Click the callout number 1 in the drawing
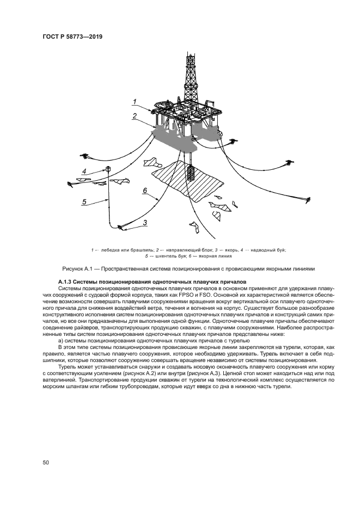click(x=135, y=102)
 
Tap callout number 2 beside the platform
click(x=134, y=116)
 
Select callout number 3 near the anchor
click(x=145, y=222)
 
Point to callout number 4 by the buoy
click(x=84, y=173)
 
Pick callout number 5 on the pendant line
click(x=84, y=201)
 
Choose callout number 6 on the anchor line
click(x=145, y=191)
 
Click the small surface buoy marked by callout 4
click(x=109, y=169)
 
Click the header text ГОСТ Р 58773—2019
click(x=72, y=36)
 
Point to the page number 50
click(x=46, y=463)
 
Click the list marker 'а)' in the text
click(x=61, y=340)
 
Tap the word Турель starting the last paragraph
click(x=68, y=367)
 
